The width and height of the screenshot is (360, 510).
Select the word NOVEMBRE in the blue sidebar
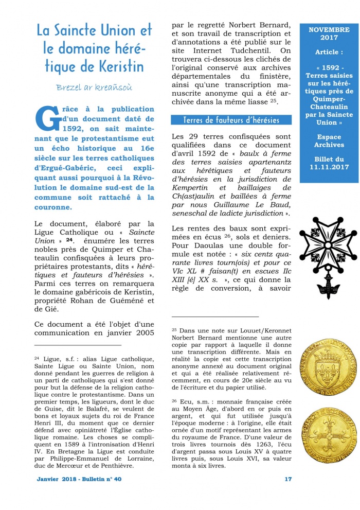point(329,30)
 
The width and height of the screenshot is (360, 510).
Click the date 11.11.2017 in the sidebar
point(329,167)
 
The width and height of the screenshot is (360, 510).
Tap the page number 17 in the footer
point(288,479)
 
